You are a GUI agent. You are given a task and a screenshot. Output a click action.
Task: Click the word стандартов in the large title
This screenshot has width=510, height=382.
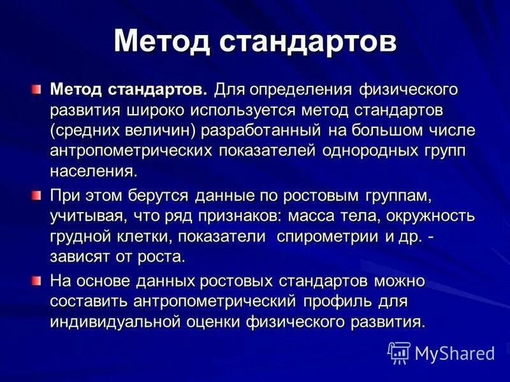(x=309, y=42)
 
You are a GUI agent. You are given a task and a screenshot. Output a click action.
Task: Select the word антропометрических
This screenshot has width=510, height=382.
(x=132, y=151)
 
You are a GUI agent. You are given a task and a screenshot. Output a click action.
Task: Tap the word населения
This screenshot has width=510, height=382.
(x=93, y=172)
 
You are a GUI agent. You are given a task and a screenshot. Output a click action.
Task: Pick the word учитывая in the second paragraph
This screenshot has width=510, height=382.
(x=87, y=216)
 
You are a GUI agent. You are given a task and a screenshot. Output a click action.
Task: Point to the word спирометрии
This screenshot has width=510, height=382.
(x=330, y=237)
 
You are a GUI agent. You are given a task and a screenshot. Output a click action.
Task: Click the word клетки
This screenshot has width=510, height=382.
(x=149, y=237)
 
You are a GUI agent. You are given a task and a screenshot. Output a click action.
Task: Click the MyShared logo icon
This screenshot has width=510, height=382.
(x=400, y=352)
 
